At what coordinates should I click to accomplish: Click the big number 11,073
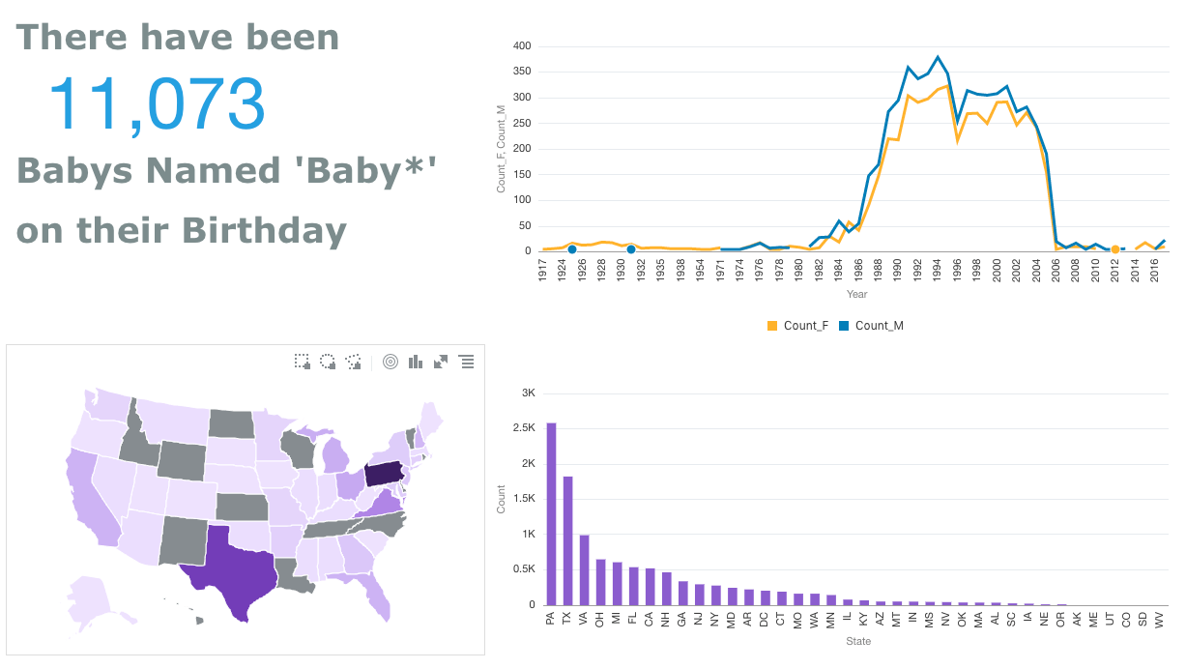(x=157, y=103)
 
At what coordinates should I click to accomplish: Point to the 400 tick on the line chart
(x=522, y=45)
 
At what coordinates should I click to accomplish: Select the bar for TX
(x=567, y=540)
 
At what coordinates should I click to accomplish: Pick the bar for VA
(x=584, y=569)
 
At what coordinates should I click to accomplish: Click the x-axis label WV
(x=1159, y=619)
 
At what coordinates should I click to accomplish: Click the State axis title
(x=857, y=641)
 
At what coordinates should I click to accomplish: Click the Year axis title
(x=857, y=294)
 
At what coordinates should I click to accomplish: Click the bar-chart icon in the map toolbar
(x=416, y=362)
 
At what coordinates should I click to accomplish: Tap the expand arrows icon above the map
(x=441, y=362)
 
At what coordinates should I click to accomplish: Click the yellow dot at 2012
(x=1114, y=249)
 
